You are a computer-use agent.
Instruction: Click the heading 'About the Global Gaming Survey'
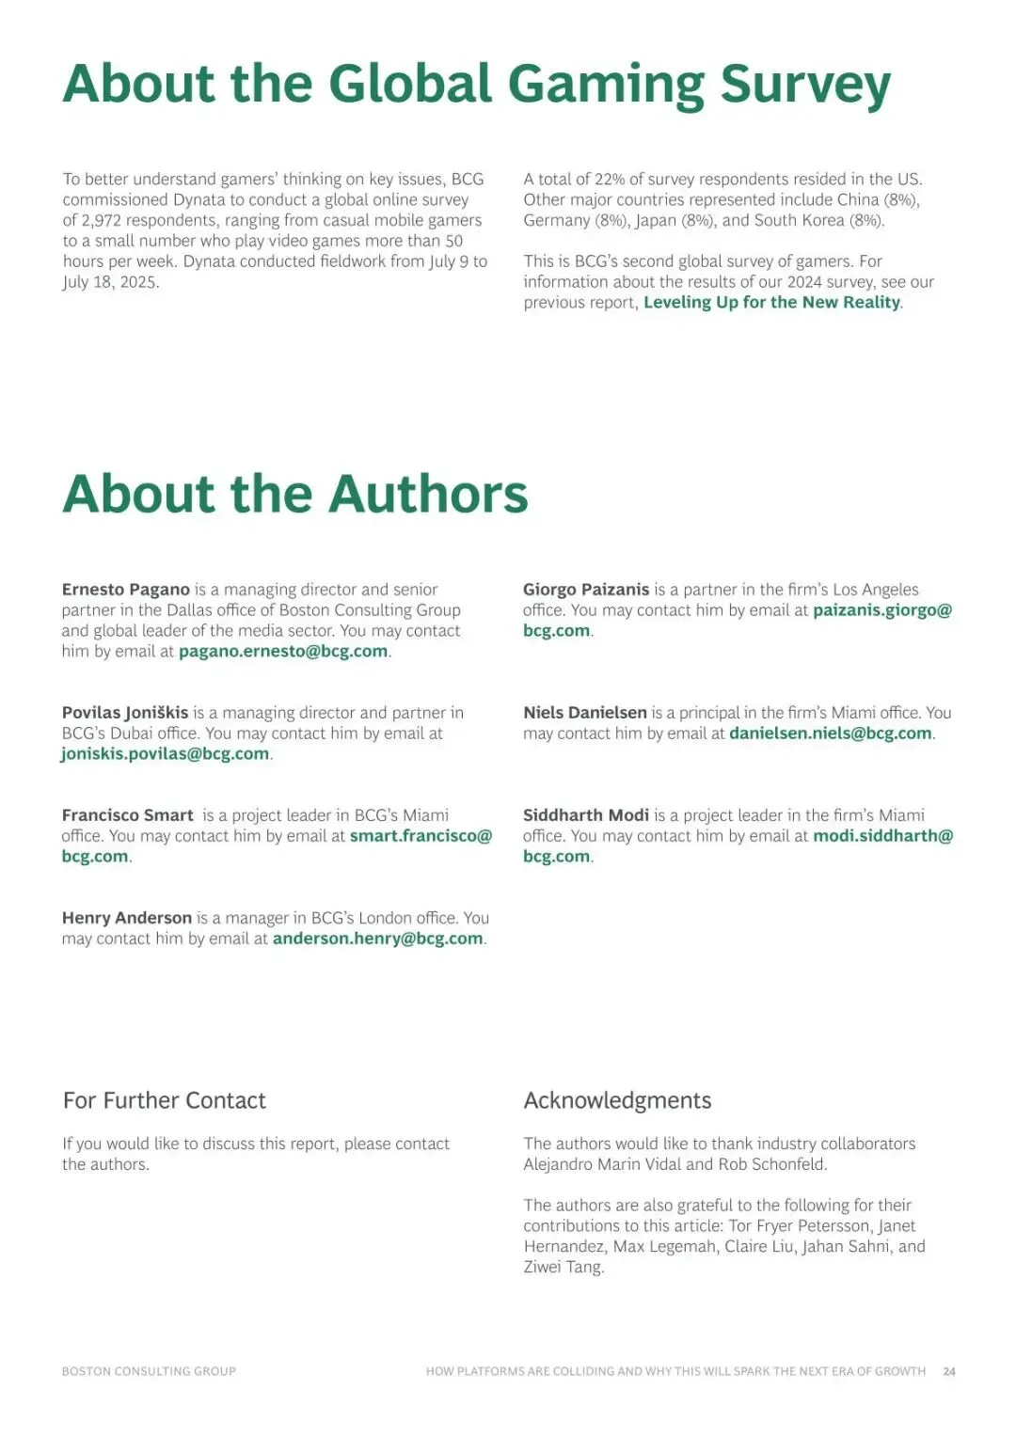pyautogui.click(x=476, y=85)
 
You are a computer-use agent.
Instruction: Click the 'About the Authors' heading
pyautogui.click(x=295, y=494)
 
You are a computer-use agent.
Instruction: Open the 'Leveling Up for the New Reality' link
pyautogui.click(x=771, y=302)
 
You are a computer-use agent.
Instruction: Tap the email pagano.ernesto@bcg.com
pyautogui.click(x=283, y=651)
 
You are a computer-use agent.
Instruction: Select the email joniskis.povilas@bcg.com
pyautogui.click(x=166, y=753)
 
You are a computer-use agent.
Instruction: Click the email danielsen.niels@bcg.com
pyautogui.click(x=830, y=733)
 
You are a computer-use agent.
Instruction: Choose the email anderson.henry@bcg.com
pyautogui.click(x=377, y=938)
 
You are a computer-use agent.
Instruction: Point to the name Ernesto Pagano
pyautogui.click(x=126, y=590)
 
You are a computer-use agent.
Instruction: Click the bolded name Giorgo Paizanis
pyautogui.click(x=586, y=590)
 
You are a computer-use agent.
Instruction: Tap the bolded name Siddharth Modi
pyautogui.click(x=586, y=815)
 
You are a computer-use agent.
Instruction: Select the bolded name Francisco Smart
pyautogui.click(x=128, y=815)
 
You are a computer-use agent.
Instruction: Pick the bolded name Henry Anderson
pyautogui.click(x=127, y=918)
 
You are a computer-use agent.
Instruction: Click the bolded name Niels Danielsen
pyautogui.click(x=585, y=713)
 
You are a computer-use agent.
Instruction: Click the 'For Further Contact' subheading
pyautogui.click(x=165, y=1100)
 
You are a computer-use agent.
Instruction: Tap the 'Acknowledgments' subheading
pyautogui.click(x=617, y=1100)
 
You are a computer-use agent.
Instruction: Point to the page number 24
pyautogui.click(x=949, y=1371)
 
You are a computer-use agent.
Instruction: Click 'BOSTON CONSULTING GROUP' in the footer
pyautogui.click(x=149, y=1371)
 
